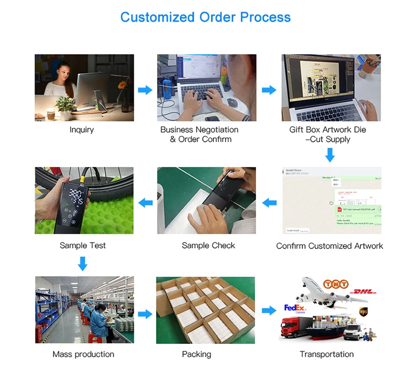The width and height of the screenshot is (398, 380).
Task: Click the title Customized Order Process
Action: pyautogui.click(x=205, y=17)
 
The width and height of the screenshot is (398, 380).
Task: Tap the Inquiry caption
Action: pyautogui.click(x=81, y=129)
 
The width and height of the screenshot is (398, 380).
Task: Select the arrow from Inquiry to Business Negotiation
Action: pyautogui.click(x=145, y=90)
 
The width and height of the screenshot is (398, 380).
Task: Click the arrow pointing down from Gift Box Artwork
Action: pyautogui.click(x=330, y=155)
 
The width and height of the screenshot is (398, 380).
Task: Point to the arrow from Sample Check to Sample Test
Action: pyautogui.click(x=145, y=202)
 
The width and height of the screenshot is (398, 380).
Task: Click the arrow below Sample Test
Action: pyautogui.click(x=82, y=263)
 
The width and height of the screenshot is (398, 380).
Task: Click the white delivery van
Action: pyautogui.click(x=356, y=331)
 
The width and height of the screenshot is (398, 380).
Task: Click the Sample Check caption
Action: pyautogui.click(x=208, y=245)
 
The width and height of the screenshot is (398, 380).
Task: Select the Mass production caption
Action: pyautogui.click(x=83, y=354)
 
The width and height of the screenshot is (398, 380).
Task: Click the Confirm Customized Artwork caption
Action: pyautogui.click(x=330, y=246)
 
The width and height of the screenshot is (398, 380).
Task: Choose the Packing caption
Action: pyautogui.click(x=196, y=354)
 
